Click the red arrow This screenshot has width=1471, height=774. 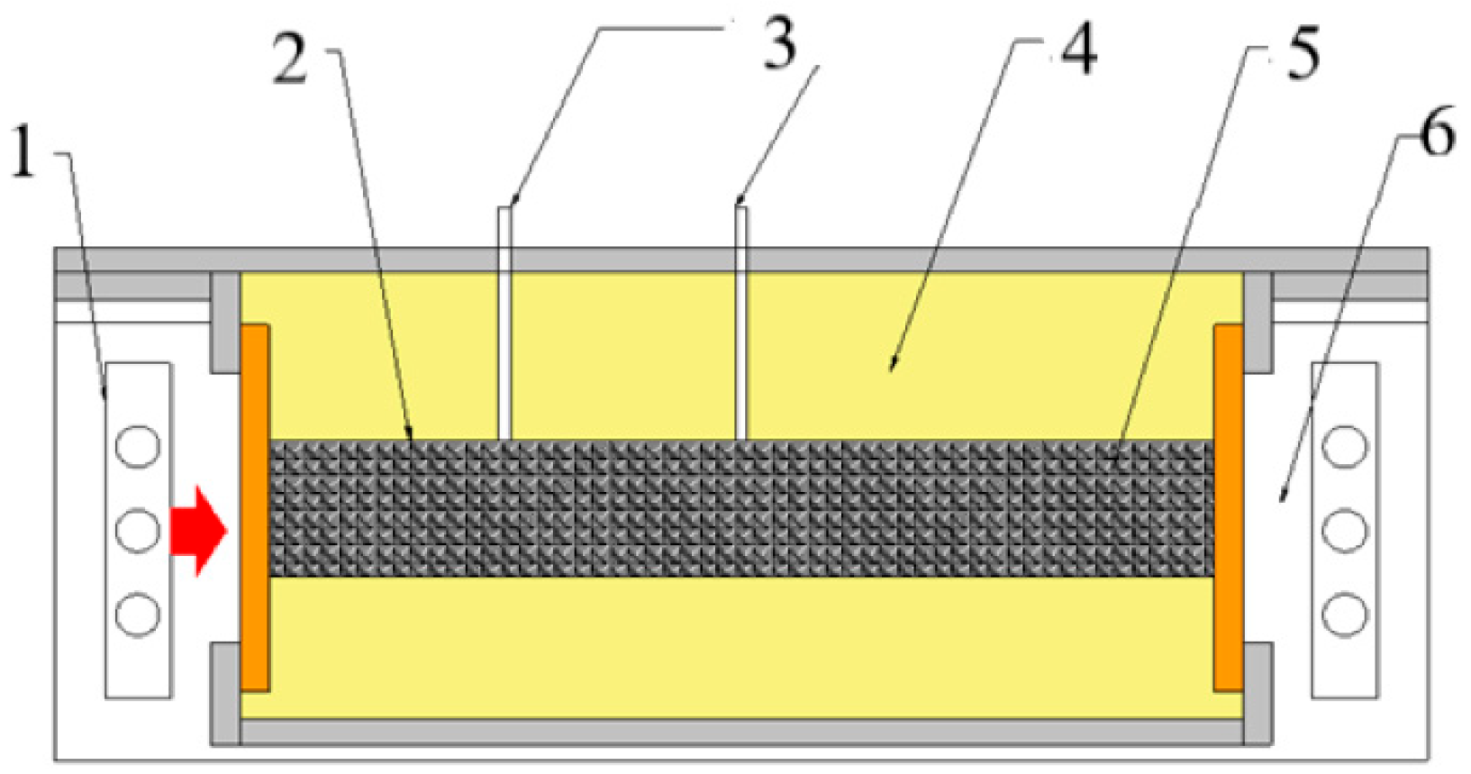pos(198,531)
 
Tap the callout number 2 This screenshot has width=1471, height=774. pos(290,61)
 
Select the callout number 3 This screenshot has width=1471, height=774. pos(779,45)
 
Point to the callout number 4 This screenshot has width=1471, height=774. pos(1078,50)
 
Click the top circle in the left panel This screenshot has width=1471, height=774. pos(138,446)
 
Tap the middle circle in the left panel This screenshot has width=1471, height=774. pos(138,530)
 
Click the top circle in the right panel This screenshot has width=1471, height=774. pos(1345,446)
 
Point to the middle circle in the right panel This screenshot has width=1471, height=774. pos(1345,530)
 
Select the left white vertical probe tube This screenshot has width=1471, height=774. pos(505,324)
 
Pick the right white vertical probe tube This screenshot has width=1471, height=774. pos(740,324)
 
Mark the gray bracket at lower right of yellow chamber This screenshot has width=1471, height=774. pos(1258,694)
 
